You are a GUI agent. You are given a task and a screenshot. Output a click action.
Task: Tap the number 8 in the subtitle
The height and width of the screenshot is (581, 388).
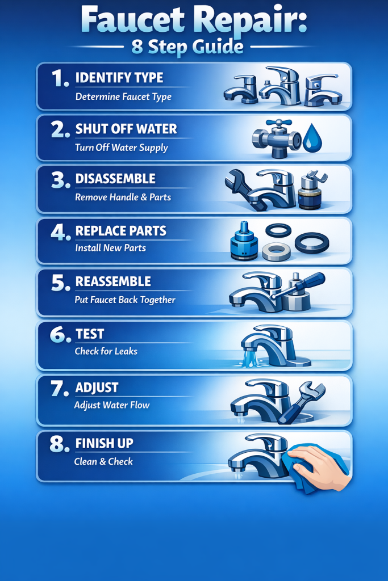(x=137, y=47)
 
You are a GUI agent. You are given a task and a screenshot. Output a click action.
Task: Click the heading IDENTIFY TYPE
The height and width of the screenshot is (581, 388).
(x=119, y=78)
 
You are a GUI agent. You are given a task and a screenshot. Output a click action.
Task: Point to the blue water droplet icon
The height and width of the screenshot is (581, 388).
(x=312, y=140)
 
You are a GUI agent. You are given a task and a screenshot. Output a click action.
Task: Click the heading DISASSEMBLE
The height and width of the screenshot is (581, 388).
(x=115, y=179)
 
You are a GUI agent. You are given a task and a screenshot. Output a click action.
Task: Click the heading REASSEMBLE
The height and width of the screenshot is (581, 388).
(x=113, y=281)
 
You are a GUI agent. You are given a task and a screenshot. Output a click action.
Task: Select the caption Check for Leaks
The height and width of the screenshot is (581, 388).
(x=106, y=351)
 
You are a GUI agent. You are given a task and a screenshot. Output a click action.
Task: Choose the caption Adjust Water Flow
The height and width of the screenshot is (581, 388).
(x=111, y=405)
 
